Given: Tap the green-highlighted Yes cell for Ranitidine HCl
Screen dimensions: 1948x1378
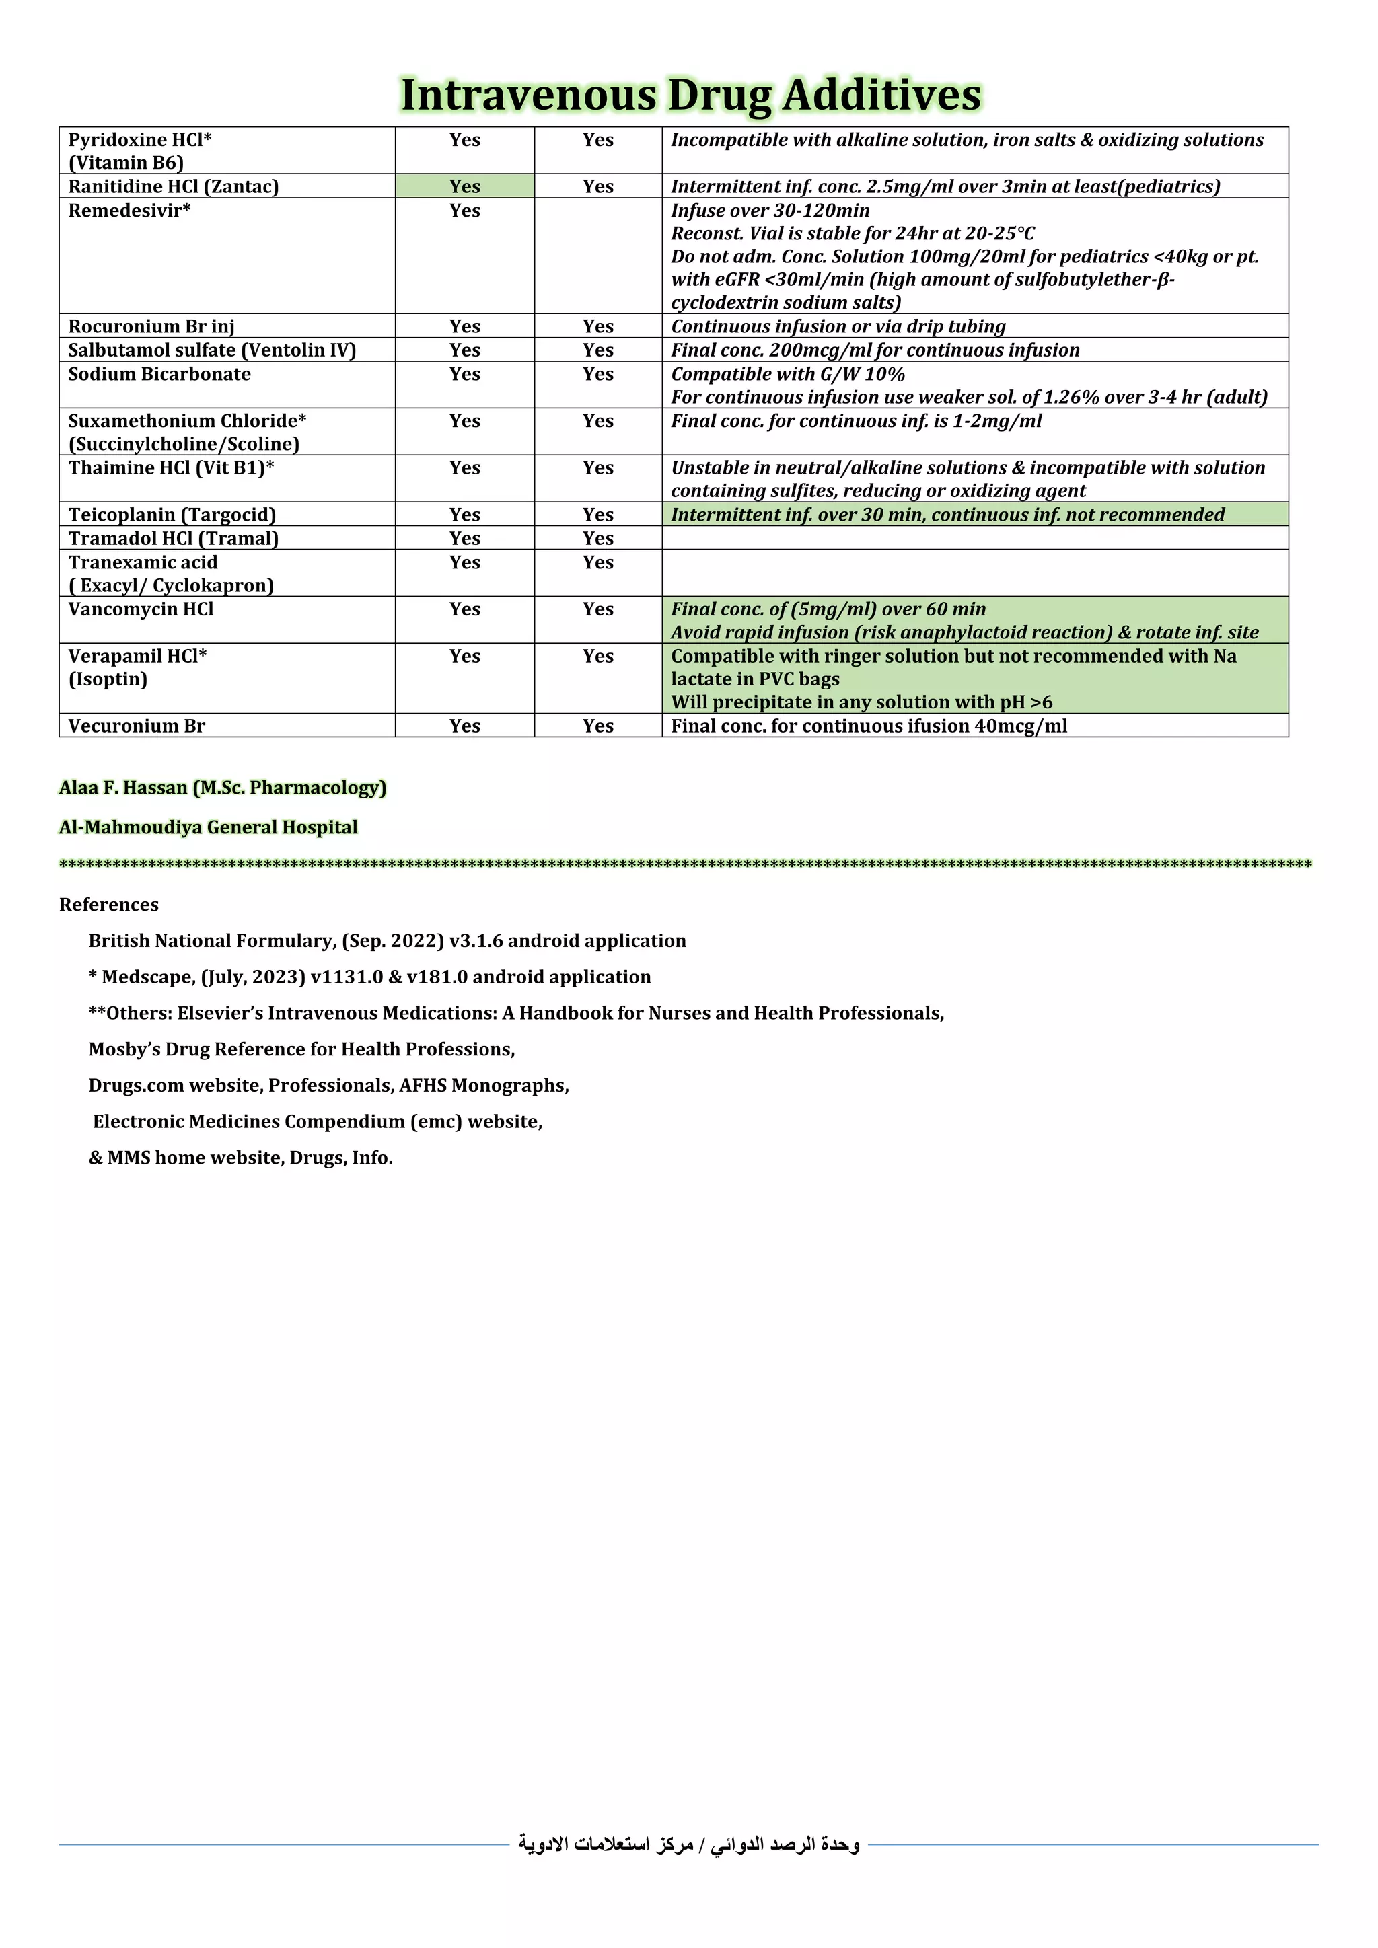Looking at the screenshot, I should (x=464, y=186).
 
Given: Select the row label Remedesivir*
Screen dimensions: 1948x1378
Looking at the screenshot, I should (x=129, y=211).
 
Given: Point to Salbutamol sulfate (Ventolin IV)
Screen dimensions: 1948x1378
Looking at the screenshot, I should (x=212, y=350).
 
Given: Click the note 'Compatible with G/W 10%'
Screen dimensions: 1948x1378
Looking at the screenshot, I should (x=787, y=374).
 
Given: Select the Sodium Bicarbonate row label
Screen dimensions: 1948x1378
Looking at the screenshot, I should (x=159, y=374).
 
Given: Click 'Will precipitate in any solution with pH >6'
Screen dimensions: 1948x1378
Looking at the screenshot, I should (x=861, y=702).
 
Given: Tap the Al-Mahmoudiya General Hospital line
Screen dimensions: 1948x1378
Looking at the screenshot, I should (x=208, y=827).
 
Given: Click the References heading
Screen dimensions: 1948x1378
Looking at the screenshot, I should (x=108, y=905).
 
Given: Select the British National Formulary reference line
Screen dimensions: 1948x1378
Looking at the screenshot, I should (x=387, y=941).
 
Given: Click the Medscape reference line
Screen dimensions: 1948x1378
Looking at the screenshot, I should (x=370, y=977).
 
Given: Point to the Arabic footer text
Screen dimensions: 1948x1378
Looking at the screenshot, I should (x=689, y=1844).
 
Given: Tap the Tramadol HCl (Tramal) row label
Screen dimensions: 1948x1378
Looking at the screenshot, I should (x=173, y=539).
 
